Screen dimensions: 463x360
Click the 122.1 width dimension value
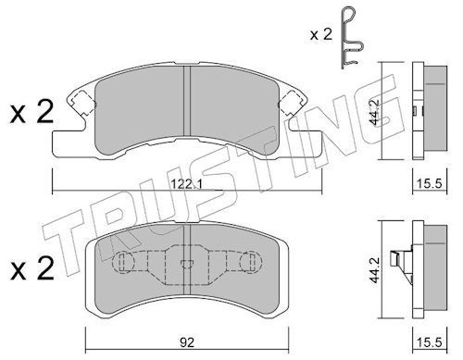(x=186, y=184)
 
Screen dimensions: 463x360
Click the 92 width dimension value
(x=187, y=342)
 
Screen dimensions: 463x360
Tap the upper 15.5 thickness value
(x=430, y=184)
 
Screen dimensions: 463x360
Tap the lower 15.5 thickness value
(x=430, y=342)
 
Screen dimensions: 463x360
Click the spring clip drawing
(x=352, y=38)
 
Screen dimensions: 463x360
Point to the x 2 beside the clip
(x=321, y=34)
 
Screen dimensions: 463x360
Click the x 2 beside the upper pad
(x=31, y=113)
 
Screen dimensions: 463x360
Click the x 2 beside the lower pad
(x=31, y=269)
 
